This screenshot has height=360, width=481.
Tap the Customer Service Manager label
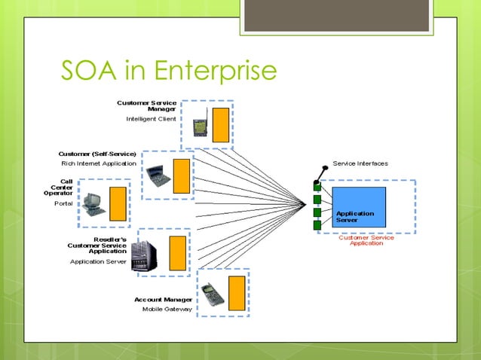pyautogui.click(x=147, y=105)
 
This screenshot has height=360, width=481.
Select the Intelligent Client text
pyautogui.click(x=151, y=119)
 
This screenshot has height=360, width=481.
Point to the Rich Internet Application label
pyautogui.click(x=99, y=163)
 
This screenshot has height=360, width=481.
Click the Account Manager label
pyautogui.click(x=163, y=299)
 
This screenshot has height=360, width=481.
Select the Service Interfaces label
pyautogui.click(x=360, y=163)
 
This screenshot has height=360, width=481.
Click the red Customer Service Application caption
pyautogui.click(x=366, y=241)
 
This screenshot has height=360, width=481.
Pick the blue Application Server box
pyautogui.click(x=360, y=206)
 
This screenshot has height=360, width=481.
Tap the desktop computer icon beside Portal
pyautogui.click(x=94, y=203)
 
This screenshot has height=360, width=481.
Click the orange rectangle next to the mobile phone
pyautogui.click(x=236, y=293)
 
